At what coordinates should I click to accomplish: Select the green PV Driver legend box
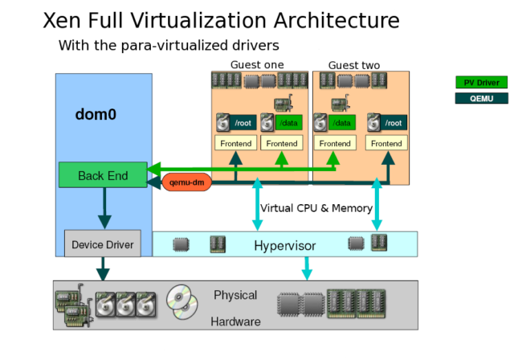481,82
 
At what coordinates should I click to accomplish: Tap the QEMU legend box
481,98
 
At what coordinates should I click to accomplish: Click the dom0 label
96,114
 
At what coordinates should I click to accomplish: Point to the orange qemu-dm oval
186,182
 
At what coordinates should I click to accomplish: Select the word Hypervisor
285,244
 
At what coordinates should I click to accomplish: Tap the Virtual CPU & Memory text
316,208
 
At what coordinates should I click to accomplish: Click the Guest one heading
257,65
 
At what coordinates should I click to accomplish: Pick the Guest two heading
354,65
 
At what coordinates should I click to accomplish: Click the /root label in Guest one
242,123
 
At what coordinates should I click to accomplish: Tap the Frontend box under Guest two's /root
385,143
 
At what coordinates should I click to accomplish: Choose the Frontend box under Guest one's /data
282,143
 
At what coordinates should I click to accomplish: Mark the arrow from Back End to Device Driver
103,209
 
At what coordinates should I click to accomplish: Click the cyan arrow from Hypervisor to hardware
306,268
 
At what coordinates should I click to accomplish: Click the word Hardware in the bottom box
235,321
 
